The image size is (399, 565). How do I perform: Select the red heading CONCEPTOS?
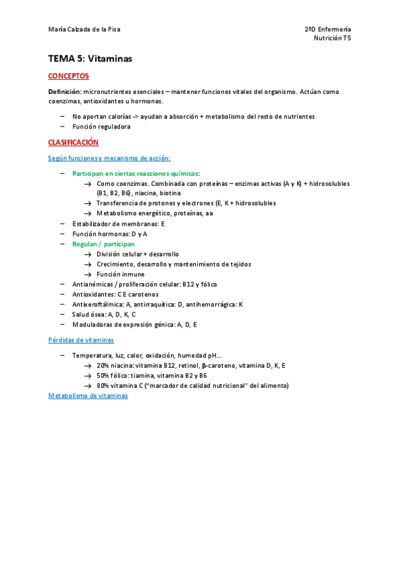[x=69, y=77]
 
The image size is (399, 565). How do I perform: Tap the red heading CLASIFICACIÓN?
[x=73, y=143]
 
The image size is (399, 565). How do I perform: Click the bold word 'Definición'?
[x=65, y=91]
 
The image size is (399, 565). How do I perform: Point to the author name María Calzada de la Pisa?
[x=84, y=29]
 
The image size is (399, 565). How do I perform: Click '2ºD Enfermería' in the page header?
[x=327, y=29]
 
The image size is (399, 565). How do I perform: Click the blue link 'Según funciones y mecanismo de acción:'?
[x=109, y=158]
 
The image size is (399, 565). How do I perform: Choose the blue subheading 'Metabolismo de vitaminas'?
[x=88, y=396]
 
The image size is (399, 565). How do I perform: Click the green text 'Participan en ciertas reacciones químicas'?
[x=135, y=173]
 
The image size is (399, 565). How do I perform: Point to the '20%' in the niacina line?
[x=103, y=366]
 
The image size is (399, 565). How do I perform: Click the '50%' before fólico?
[x=103, y=376]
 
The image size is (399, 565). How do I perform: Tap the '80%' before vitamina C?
[x=103, y=386]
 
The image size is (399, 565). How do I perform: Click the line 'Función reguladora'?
[x=101, y=127]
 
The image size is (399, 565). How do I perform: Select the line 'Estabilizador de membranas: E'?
[x=118, y=224]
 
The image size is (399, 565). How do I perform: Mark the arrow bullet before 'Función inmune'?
[x=87, y=275]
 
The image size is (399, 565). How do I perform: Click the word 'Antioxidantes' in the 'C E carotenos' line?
[x=93, y=294]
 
